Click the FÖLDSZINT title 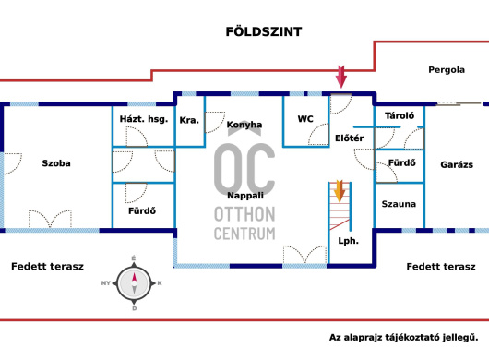click(x=264, y=31)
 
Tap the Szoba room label click(x=56, y=163)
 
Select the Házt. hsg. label click(x=144, y=119)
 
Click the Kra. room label click(x=189, y=120)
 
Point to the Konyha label click(x=244, y=125)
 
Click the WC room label click(x=305, y=119)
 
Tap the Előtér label click(x=350, y=138)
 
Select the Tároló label click(x=400, y=115)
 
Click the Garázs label click(x=457, y=164)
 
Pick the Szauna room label click(x=399, y=204)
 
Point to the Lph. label click(x=349, y=241)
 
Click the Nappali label click(x=245, y=196)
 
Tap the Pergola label click(x=447, y=70)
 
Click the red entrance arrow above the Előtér click(x=341, y=77)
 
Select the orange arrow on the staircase click(x=340, y=191)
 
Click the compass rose click(x=134, y=283)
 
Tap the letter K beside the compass click(x=160, y=283)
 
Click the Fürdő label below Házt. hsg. click(x=142, y=210)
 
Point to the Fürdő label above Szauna click(x=402, y=162)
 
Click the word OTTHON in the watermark click(x=244, y=214)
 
